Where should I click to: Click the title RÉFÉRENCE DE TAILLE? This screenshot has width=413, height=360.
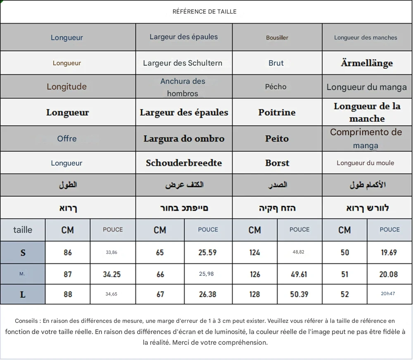pos(204,12)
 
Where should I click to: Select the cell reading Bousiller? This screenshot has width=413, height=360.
pos(277,38)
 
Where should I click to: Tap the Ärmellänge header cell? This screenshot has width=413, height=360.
pos(367,63)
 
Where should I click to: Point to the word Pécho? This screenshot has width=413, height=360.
pos(276,87)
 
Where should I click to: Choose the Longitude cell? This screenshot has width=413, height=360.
pos(66,87)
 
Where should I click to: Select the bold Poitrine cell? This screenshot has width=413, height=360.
pos(277,112)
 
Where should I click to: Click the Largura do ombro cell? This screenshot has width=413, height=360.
pos(184,139)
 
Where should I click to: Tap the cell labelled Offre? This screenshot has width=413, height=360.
pos(67,139)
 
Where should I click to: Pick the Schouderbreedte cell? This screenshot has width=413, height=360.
pos(184,163)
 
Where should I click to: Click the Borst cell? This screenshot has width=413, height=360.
pos(277,163)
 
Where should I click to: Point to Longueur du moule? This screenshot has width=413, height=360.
pos(366,163)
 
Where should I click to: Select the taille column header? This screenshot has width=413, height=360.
pos(23,230)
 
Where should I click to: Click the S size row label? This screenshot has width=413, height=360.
pos(23,253)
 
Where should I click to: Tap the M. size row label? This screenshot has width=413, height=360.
pos(22,274)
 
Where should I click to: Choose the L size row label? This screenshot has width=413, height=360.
pos(23,294)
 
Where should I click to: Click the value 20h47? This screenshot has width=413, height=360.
pos(388,294)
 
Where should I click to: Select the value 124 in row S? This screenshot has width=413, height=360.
pos(255,253)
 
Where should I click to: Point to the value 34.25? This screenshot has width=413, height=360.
pos(112,274)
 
